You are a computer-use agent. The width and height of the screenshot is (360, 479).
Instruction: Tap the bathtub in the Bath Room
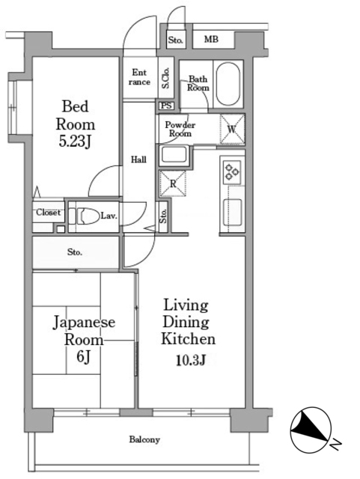coord(228,85)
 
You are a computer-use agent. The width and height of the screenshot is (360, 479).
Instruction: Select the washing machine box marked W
coord(232,129)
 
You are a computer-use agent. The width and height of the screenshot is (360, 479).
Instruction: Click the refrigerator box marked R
coord(173,183)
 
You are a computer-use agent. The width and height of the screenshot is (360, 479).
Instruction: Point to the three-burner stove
coord(232,171)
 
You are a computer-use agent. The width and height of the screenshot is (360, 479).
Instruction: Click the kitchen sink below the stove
coord(233,212)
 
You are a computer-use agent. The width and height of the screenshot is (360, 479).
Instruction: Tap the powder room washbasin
coord(174,155)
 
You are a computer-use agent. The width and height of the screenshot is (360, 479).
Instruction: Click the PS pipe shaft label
coord(166,106)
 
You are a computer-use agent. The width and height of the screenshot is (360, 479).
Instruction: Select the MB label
coord(211,39)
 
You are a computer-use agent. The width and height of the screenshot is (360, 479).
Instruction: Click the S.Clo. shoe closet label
coord(165,78)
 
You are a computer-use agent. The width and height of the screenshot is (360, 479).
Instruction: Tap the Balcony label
coord(144,439)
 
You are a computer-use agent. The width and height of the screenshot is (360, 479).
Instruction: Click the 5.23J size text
coord(75,141)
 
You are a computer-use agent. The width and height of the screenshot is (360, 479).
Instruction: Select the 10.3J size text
coord(190,360)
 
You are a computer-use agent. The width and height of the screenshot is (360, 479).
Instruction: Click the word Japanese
coord(84,323)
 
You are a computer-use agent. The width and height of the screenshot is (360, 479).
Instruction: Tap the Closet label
coord(49,212)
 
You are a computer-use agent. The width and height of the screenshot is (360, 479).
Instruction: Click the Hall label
coord(138,159)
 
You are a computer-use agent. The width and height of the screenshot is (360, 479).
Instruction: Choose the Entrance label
coord(139,77)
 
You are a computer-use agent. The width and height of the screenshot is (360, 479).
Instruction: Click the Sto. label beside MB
coord(175,40)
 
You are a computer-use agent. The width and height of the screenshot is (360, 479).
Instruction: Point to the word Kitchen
coord(188,339)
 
